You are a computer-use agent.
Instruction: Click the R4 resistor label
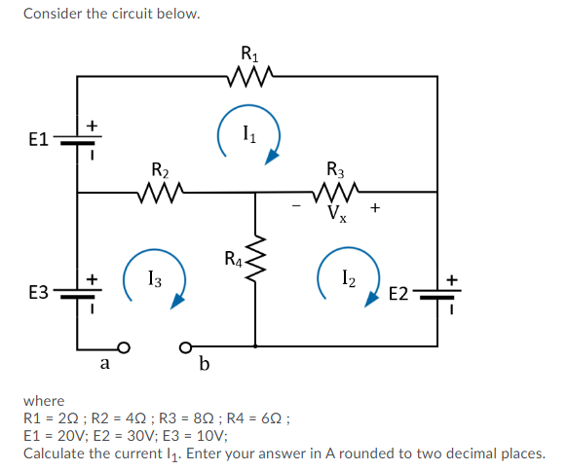[x=234, y=259]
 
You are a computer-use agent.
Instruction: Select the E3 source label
[x=38, y=291]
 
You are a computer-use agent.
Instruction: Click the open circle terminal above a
[x=123, y=346]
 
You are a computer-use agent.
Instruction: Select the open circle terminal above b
[x=185, y=346]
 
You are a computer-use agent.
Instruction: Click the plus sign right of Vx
[x=374, y=207]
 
